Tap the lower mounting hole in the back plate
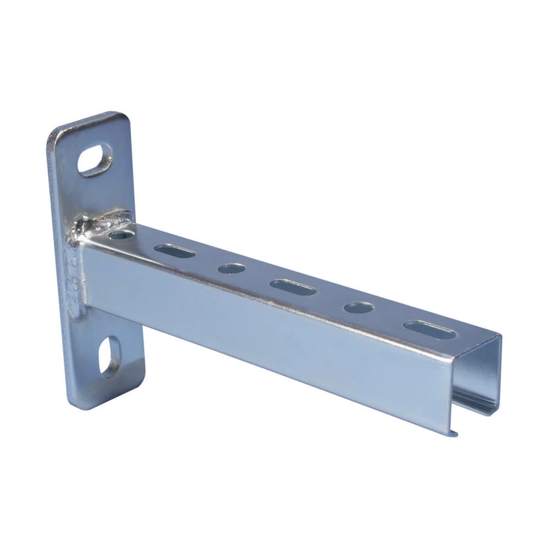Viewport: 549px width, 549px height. (110, 357)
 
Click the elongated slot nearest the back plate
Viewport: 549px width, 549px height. (174, 251)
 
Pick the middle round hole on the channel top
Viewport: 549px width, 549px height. (231, 268)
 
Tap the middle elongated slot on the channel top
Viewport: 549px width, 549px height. (293, 287)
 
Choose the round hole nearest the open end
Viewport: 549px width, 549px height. (358, 307)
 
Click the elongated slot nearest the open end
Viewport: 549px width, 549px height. (430, 329)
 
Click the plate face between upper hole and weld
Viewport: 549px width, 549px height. (104, 192)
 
